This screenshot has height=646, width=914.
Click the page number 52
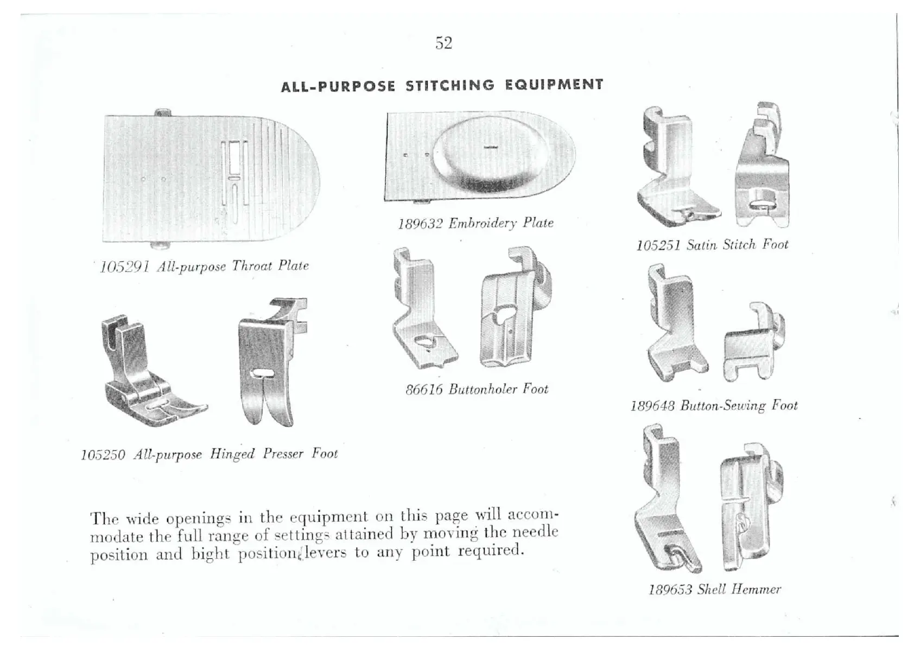click(443, 43)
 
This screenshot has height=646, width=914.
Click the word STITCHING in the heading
click(450, 86)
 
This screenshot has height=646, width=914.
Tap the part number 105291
click(125, 268)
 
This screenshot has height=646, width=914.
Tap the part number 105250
click(103, 455)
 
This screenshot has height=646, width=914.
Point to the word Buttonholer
click(483, 390)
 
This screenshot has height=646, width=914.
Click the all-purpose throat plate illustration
click(212, 179)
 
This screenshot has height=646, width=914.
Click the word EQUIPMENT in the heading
click(554, 85)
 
